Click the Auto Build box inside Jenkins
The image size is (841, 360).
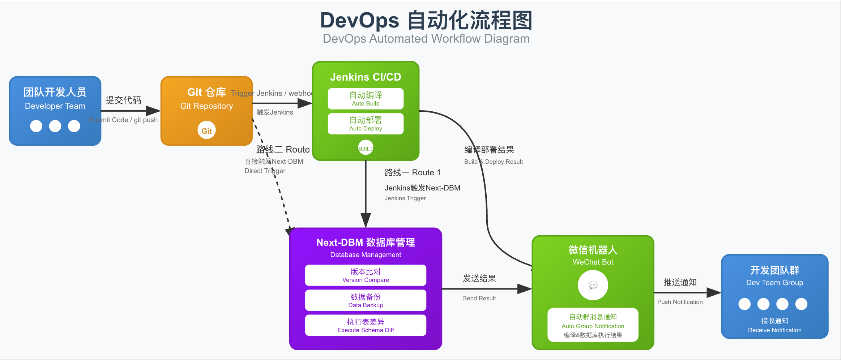[x=366, y=99]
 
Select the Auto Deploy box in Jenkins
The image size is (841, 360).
[x=366, y=124]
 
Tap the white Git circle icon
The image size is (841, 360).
[x=206, y=130]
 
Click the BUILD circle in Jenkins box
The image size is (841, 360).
[x=366, y=148]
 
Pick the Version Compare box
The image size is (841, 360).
[x=366, y=275]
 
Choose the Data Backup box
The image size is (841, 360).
[x=366, y=300]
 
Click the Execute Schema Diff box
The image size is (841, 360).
[x=366, y=325]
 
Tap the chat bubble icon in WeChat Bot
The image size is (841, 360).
[x=593, y=285]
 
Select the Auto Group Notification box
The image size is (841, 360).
[x=593, y=325]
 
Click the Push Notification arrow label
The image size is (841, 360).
[x=680, y=302]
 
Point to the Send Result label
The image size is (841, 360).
[x=479, y=298]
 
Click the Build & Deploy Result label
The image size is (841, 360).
[x=493, y=162]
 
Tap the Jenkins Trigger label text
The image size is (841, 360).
[x=405, y=198]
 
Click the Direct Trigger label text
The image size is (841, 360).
[x=265, y=171]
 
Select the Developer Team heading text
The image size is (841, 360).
[x=55, y=106]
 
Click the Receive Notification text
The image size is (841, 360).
[x=774, y=330]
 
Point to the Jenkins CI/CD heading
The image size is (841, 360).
[x=366, y=77]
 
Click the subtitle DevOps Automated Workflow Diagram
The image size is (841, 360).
[x=426, y=39]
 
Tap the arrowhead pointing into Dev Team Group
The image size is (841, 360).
[x=714, y=292]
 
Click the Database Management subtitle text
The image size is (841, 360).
[x=366, y=254]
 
